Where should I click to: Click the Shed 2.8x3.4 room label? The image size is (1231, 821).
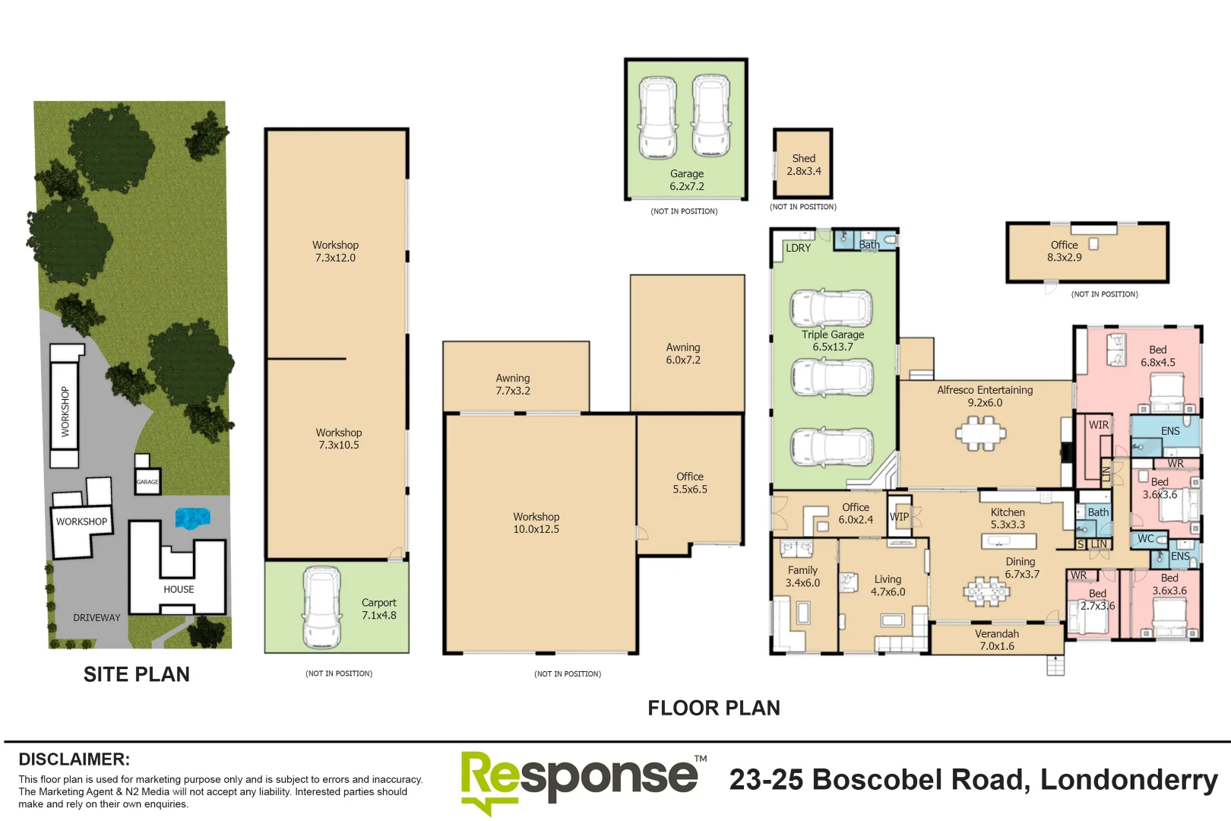click(x=803, y=165)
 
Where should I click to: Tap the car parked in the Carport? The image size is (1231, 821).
click(x=321, y=606)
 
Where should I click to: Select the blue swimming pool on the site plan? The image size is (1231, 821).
click(x=191, y=518)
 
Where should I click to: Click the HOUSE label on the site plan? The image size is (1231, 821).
click(x=179, y=589)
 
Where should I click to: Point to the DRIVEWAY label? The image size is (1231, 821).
click(x=97, y=617)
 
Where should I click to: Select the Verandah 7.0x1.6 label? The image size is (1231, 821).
click(x=996, y=640)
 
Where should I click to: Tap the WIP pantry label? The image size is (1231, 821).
click(x=899, y=517)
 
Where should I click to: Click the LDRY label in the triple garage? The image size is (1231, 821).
click(x=798, y=248)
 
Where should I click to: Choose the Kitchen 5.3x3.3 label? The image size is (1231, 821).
click(x=1008, y=518)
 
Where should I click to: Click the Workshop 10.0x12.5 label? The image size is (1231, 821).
click(x=536, y=523)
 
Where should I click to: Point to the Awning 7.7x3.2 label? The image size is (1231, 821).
click(x=513, y=384)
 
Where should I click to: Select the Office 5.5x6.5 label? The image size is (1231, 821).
click(x=689, y=483)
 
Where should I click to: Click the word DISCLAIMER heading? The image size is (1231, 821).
click(x=74, y=759)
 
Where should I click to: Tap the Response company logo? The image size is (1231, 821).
click(x=579, y=779)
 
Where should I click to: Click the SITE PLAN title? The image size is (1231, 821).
click(x=137, y=674)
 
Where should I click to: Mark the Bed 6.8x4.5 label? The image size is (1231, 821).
click(x=1157, y=356)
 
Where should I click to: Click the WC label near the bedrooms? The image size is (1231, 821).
click(x=1146, y=539)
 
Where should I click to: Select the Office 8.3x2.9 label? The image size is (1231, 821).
click(x=1064, y=251)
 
